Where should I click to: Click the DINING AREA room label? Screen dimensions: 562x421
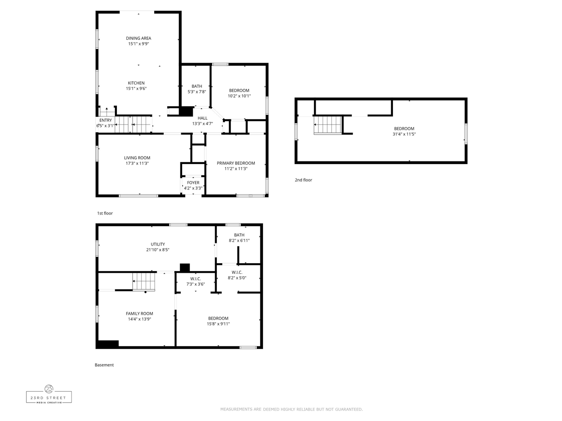tap(138, 38)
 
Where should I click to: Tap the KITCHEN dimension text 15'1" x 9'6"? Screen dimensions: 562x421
tap(136, 89)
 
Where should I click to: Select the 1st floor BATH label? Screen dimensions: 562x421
tap(197, 86)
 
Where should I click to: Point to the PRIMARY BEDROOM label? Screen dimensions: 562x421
tap(236, 163)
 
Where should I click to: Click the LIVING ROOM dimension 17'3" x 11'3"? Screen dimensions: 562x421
tap(137, 163)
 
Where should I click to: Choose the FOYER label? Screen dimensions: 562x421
tap(193, 183)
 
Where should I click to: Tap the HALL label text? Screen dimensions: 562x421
tap(202, 118)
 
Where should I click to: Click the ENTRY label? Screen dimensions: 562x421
tap(105, 120)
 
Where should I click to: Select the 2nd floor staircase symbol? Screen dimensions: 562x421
tap(328, 125)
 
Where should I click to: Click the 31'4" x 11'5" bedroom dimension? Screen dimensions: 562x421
tap(404, 134)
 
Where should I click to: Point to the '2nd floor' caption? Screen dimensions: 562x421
tap(303, 180)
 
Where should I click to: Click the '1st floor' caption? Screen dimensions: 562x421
tap(105, 213)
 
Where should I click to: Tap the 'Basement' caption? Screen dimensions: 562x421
tap(104, 365)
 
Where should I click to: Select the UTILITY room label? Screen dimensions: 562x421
tap(158, 244)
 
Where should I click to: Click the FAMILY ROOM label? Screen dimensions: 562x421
tap(139, 314)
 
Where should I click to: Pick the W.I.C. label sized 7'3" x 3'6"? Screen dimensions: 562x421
tap(195, 279)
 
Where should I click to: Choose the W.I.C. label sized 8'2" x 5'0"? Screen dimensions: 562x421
tap(237, 272)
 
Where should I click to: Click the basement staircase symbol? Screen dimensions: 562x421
tap(144, 282)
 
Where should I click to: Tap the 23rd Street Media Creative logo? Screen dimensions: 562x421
tap(49, 394)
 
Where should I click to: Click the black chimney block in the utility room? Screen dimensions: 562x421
tap(184, 268)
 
